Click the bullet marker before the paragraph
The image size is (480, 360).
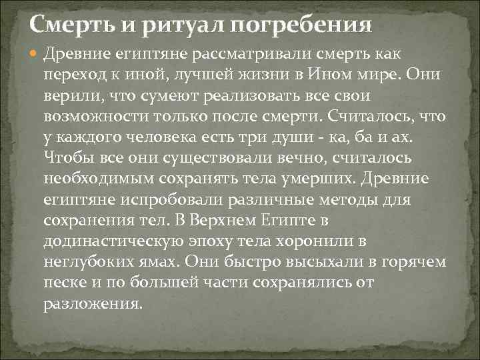35,53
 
